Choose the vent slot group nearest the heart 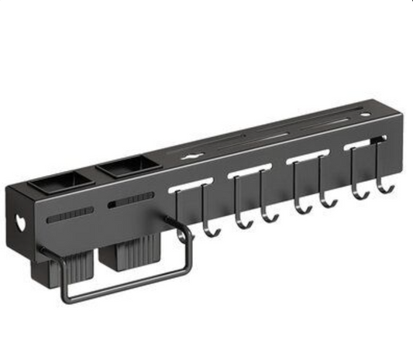tap(69, 216)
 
